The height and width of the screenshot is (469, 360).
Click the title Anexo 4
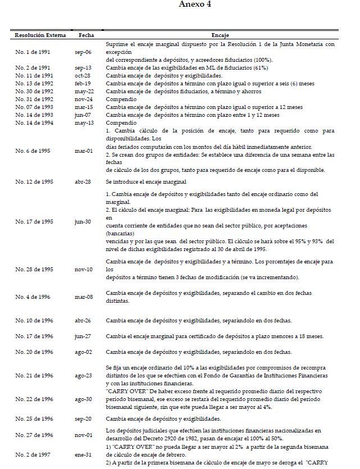point(195,5)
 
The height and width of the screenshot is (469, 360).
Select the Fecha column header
point(86,35)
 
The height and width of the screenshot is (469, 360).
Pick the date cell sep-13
point(83,67)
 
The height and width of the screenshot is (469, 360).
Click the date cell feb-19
point(83,83)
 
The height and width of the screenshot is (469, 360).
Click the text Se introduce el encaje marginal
point(144,183)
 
